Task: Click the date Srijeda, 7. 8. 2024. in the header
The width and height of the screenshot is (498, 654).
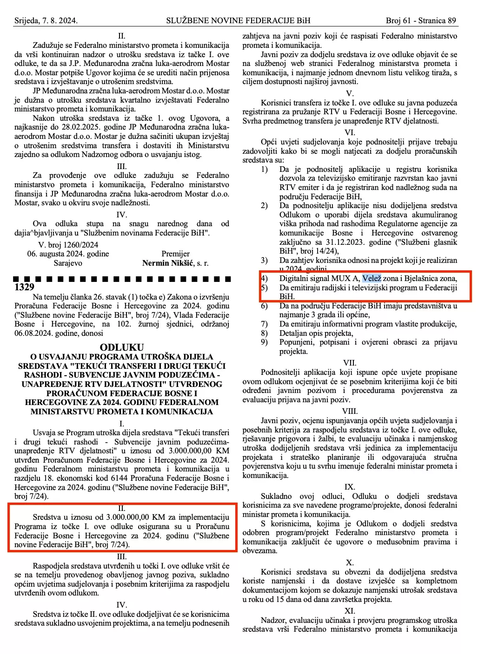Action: click(x=46, y=20)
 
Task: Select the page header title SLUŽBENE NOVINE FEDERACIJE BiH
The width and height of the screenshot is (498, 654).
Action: click(x=238, y=20)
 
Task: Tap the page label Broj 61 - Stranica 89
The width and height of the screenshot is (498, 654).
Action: click(x=421, y=20)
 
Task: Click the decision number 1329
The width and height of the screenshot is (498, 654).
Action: click(x=24, y=287)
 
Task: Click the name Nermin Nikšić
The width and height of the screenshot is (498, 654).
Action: click(x=168, y=263)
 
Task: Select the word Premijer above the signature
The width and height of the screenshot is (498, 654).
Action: click(x=175, y=254)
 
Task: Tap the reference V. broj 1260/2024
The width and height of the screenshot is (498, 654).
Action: click(x=68, y=245)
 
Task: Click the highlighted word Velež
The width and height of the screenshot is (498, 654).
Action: click(x=372, y=278)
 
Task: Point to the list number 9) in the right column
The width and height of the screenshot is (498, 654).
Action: click(x=264, y=342)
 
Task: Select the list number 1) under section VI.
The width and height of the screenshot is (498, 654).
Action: click(x=264, y=169)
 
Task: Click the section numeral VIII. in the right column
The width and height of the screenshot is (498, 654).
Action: click(x=350, y=411)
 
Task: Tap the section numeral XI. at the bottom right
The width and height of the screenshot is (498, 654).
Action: click(x=350, y=611)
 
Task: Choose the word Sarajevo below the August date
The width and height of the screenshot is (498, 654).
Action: click(x=68, y=263)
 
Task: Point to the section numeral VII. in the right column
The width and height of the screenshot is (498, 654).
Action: click(x=350, y=363)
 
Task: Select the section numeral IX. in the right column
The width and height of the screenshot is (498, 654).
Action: click(x=350, y=487)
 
